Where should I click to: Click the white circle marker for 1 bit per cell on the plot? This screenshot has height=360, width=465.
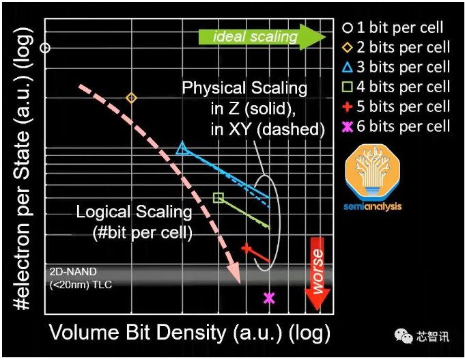pyautogui.click(x=45, y=48)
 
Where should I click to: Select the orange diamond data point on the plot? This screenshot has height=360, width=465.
pyautogui.click(x=131, y=98)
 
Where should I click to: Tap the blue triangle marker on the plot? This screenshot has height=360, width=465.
pyautogui.click(x=182, y=148)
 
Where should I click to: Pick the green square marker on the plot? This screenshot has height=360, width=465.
pyautogui.click(x=219, y=197)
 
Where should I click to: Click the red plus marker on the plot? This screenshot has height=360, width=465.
pyautogui.click(x=246, y=248)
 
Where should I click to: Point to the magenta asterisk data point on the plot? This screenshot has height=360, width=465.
pyautogui.click(x=269, y=298)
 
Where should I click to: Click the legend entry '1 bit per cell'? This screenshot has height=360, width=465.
pyautogui.click(x=393, y=27)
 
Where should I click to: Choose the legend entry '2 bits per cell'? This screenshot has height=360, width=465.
pyautogui.click(x=396, y=47)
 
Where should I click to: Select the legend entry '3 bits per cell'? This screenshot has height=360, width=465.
pyautogui.click(x=396, y=67)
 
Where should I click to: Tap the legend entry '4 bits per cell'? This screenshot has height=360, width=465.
pyautogui.click(x=396, y=87)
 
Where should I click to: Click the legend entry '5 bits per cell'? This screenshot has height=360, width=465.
pyautogui.click(x=396, y=107)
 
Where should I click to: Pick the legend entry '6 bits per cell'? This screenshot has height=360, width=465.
pyautogui.click(x=396, y=126)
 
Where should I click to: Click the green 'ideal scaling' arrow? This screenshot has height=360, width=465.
pyautogui.click(x=262, y=37)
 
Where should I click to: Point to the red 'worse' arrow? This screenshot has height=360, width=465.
pyautogui.click(x=318, y=274)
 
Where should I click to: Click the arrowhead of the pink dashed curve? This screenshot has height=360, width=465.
pyautogui.click(x=235, y=273)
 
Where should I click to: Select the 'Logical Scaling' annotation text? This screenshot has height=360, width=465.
pyautogui.click(x=135, y=212)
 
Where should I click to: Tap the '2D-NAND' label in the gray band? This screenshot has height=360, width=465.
pyautogui.click(x=73, y=272)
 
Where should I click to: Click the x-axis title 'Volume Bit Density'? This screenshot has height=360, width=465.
pyautogui.click(x=138, y=332)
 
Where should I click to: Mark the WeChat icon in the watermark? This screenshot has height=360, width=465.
pyautogui.click(x=404, y=336)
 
